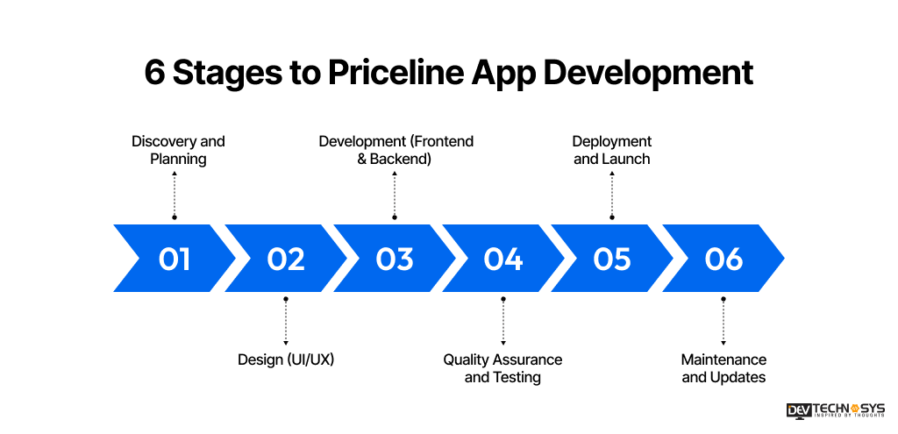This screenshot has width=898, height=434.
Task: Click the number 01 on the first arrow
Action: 175,259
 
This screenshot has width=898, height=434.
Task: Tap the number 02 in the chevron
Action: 286,259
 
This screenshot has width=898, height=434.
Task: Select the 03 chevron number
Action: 395,259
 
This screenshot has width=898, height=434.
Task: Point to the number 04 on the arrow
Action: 502,259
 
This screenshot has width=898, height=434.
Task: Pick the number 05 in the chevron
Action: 612,259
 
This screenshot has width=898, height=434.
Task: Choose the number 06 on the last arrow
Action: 723,259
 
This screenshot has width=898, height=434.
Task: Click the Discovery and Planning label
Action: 178,150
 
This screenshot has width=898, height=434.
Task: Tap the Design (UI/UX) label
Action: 286,359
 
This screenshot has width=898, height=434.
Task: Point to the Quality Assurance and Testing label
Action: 502,368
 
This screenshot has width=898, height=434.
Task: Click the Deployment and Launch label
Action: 612,150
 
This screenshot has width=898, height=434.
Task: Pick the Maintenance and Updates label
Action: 723,368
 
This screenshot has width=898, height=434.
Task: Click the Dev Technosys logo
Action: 836,410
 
